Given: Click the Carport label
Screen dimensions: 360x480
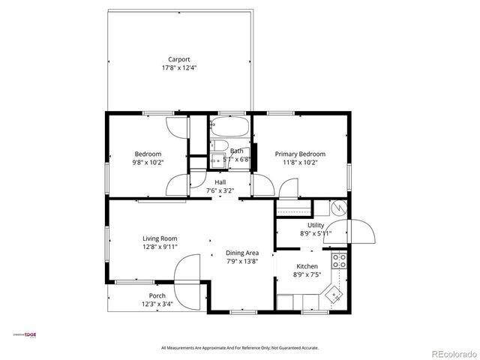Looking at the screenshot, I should [178, 59].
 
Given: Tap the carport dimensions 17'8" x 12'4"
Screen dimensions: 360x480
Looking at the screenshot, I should [178, 68].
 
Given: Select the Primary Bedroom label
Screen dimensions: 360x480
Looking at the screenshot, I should [300, 153].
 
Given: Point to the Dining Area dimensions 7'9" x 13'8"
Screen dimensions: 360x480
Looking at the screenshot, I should [242, 262].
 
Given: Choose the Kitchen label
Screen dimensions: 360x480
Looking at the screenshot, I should [307, 266].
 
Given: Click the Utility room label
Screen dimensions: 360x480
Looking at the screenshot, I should [316, 225].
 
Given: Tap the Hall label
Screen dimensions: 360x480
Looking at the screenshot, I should [220, 182].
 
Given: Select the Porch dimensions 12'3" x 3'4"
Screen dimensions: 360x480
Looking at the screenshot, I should [157, 304].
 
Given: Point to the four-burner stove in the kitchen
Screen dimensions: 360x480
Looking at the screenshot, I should [339, 262].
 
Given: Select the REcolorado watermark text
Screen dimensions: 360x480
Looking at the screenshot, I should [451, 353].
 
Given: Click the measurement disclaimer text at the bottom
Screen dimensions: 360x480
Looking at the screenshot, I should [240, 348].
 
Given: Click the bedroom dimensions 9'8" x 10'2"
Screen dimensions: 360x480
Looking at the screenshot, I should [148, 162].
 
